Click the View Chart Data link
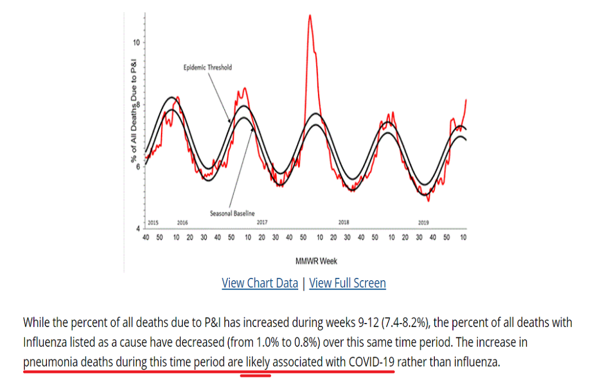tap(259, 283)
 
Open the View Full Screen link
tap(347, 283)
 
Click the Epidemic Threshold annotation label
tap(207, 68)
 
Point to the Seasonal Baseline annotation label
tap(232, 214)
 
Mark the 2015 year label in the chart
tap(153, 223)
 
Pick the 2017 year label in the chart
tap(262, 223)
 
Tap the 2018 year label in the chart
tap(343, 223)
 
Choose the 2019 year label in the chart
tap(423, 223)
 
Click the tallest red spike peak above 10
tap(310, 16)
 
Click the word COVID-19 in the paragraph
tap(372, 362)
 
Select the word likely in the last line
tap(255, 362)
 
